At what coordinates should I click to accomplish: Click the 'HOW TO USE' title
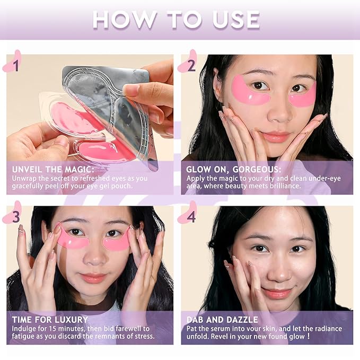[177, 20]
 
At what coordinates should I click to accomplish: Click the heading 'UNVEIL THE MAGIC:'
[49, 168]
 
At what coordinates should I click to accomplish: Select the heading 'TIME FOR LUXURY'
[50, 319]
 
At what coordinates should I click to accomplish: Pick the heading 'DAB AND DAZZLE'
[223, 319]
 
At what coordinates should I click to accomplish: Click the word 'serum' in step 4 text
[223, 328]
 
